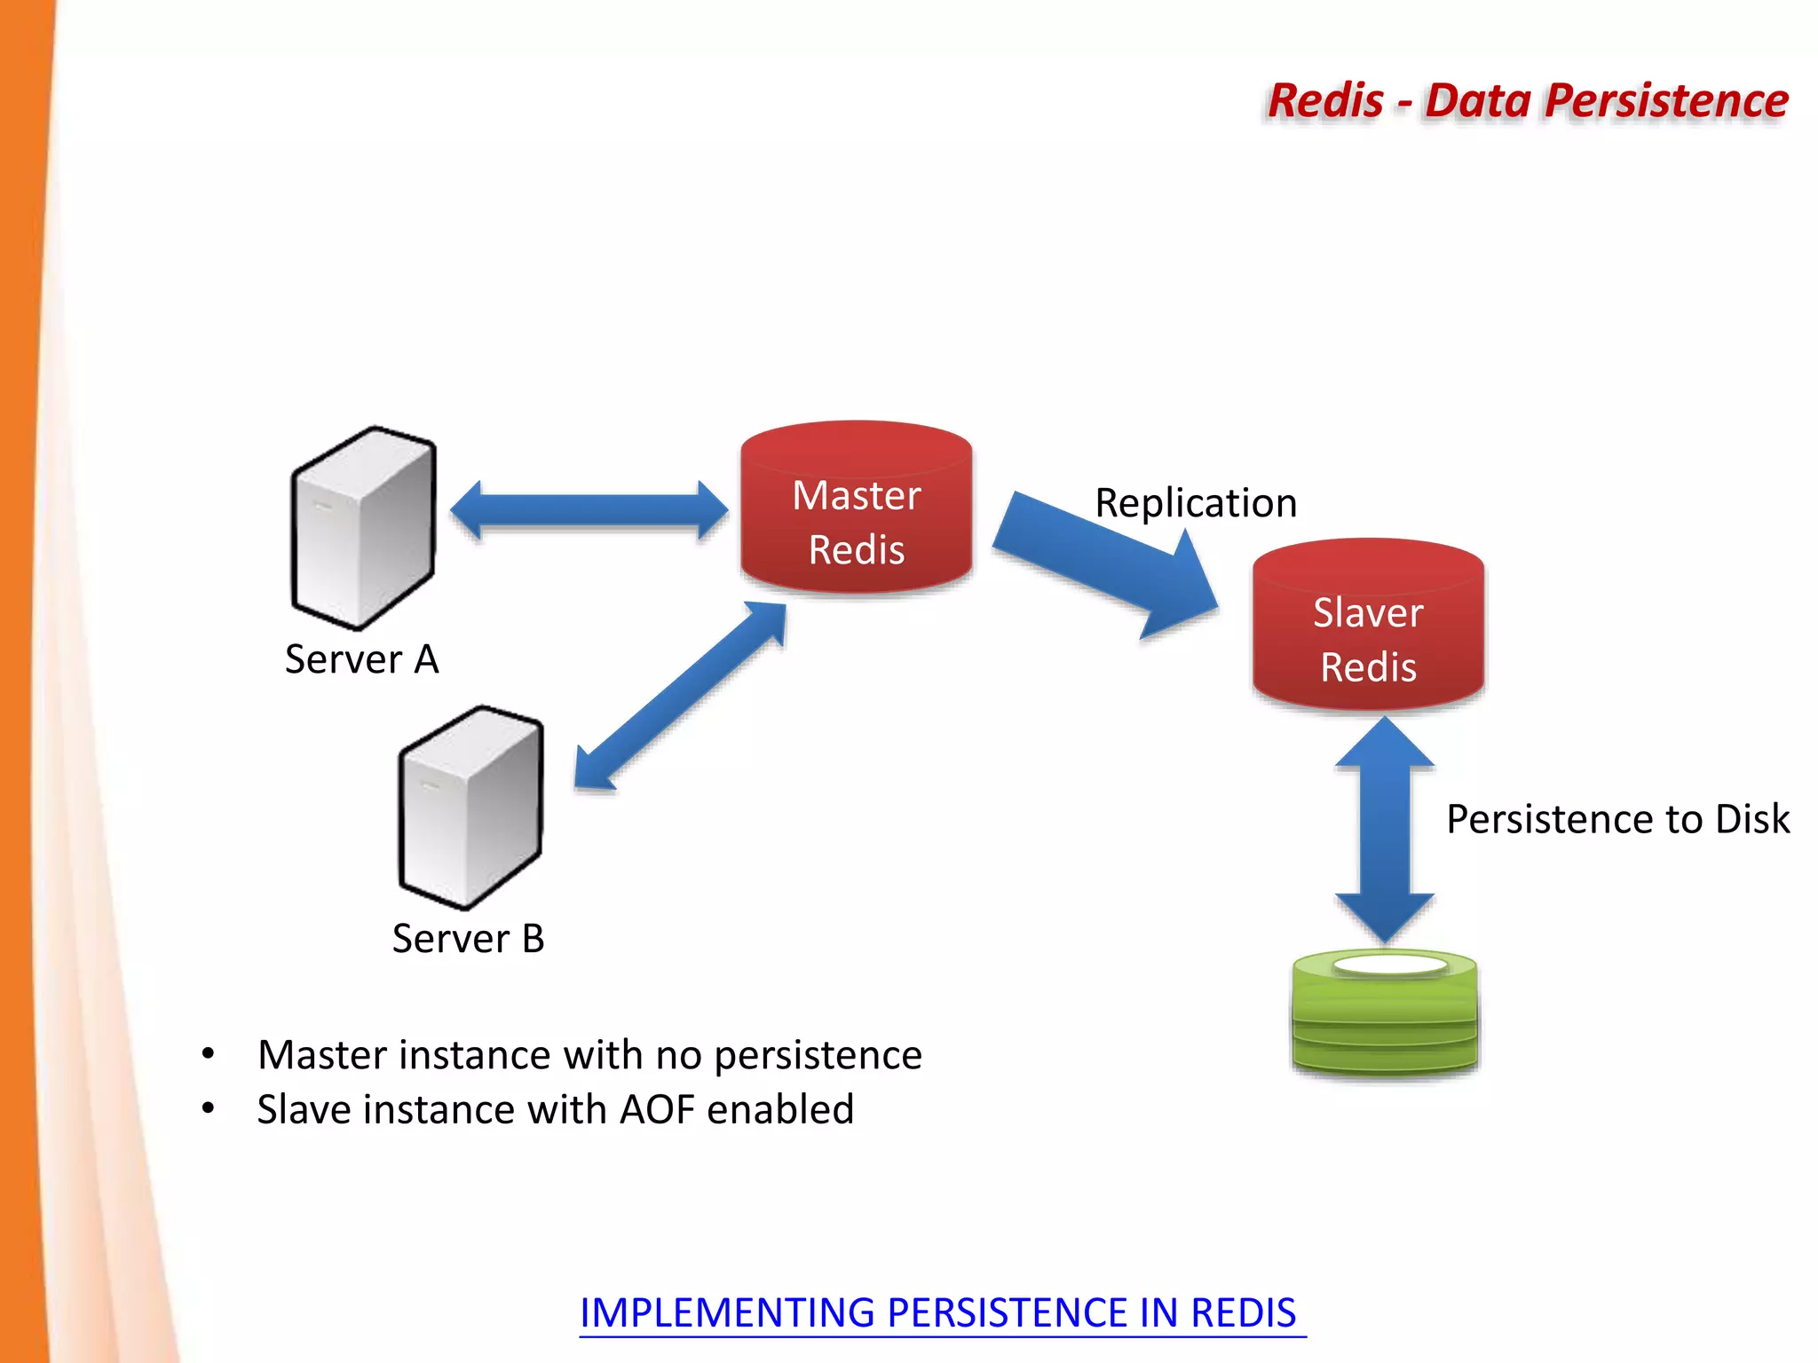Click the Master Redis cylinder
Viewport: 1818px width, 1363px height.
click(x=856, y=510)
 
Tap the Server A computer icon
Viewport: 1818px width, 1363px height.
click(x=363, y=529)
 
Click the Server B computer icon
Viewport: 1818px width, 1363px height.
click(x=470, y=808)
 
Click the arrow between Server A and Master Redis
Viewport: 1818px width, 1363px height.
click(x=589, y=510)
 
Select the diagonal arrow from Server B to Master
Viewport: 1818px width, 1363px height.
click(x=680, y=696)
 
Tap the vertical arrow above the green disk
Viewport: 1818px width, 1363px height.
click(x=1385, y=830)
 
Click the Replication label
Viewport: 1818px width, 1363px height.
click(x=1196, y=503)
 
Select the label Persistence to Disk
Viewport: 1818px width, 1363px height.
click(x=1617, y=818)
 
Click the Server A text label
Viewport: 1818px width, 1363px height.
click(x=361, y=659)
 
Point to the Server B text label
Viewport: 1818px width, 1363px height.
click(x=468, y=938)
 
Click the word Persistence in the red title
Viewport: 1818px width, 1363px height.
click(x=1665, y=100)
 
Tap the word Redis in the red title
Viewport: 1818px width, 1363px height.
click(x=1325, y=100)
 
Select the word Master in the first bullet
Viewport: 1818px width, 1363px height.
click(x=323, y=1055)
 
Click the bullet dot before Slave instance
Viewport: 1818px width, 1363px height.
click(x=208, y=1108)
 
